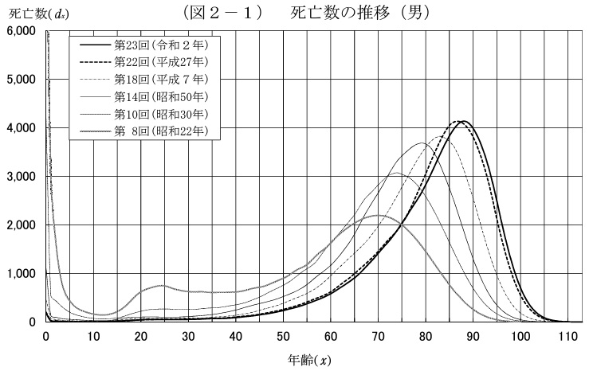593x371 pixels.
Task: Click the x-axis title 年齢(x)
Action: (x=311, y=360)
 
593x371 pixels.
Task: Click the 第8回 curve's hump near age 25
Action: (x=163, y=285)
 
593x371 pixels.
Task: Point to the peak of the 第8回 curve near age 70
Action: (x=379, y=215)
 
